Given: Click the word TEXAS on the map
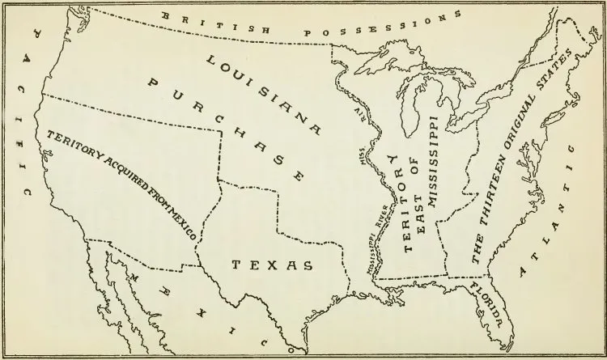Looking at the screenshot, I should tap(272, 265).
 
